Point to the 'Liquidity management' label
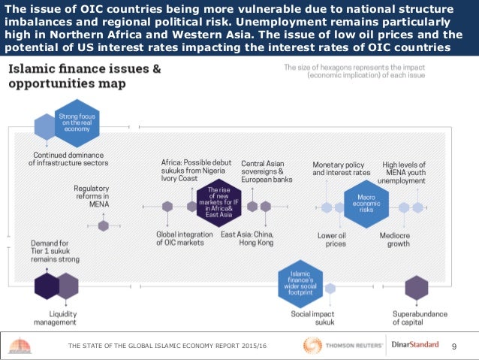[x=53, y=317]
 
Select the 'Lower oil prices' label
[x=331, y=238]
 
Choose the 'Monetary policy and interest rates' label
[x=342, y=168]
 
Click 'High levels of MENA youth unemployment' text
[x=405, y=172]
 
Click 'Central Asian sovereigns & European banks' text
[x=267, y=172]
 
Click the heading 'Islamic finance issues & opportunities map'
[x=84, y=75]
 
